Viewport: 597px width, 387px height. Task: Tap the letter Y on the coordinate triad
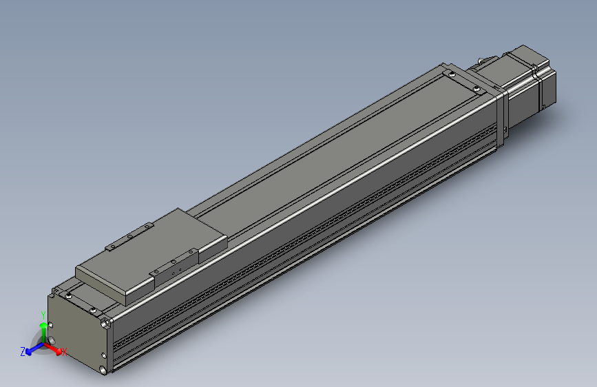(x=42, y=315)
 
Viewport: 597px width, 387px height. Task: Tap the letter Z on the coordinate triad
(x=23, y=351)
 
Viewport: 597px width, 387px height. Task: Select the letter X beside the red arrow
(x=63, y=353)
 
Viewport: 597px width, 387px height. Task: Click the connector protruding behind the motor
(x=485, y=63)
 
